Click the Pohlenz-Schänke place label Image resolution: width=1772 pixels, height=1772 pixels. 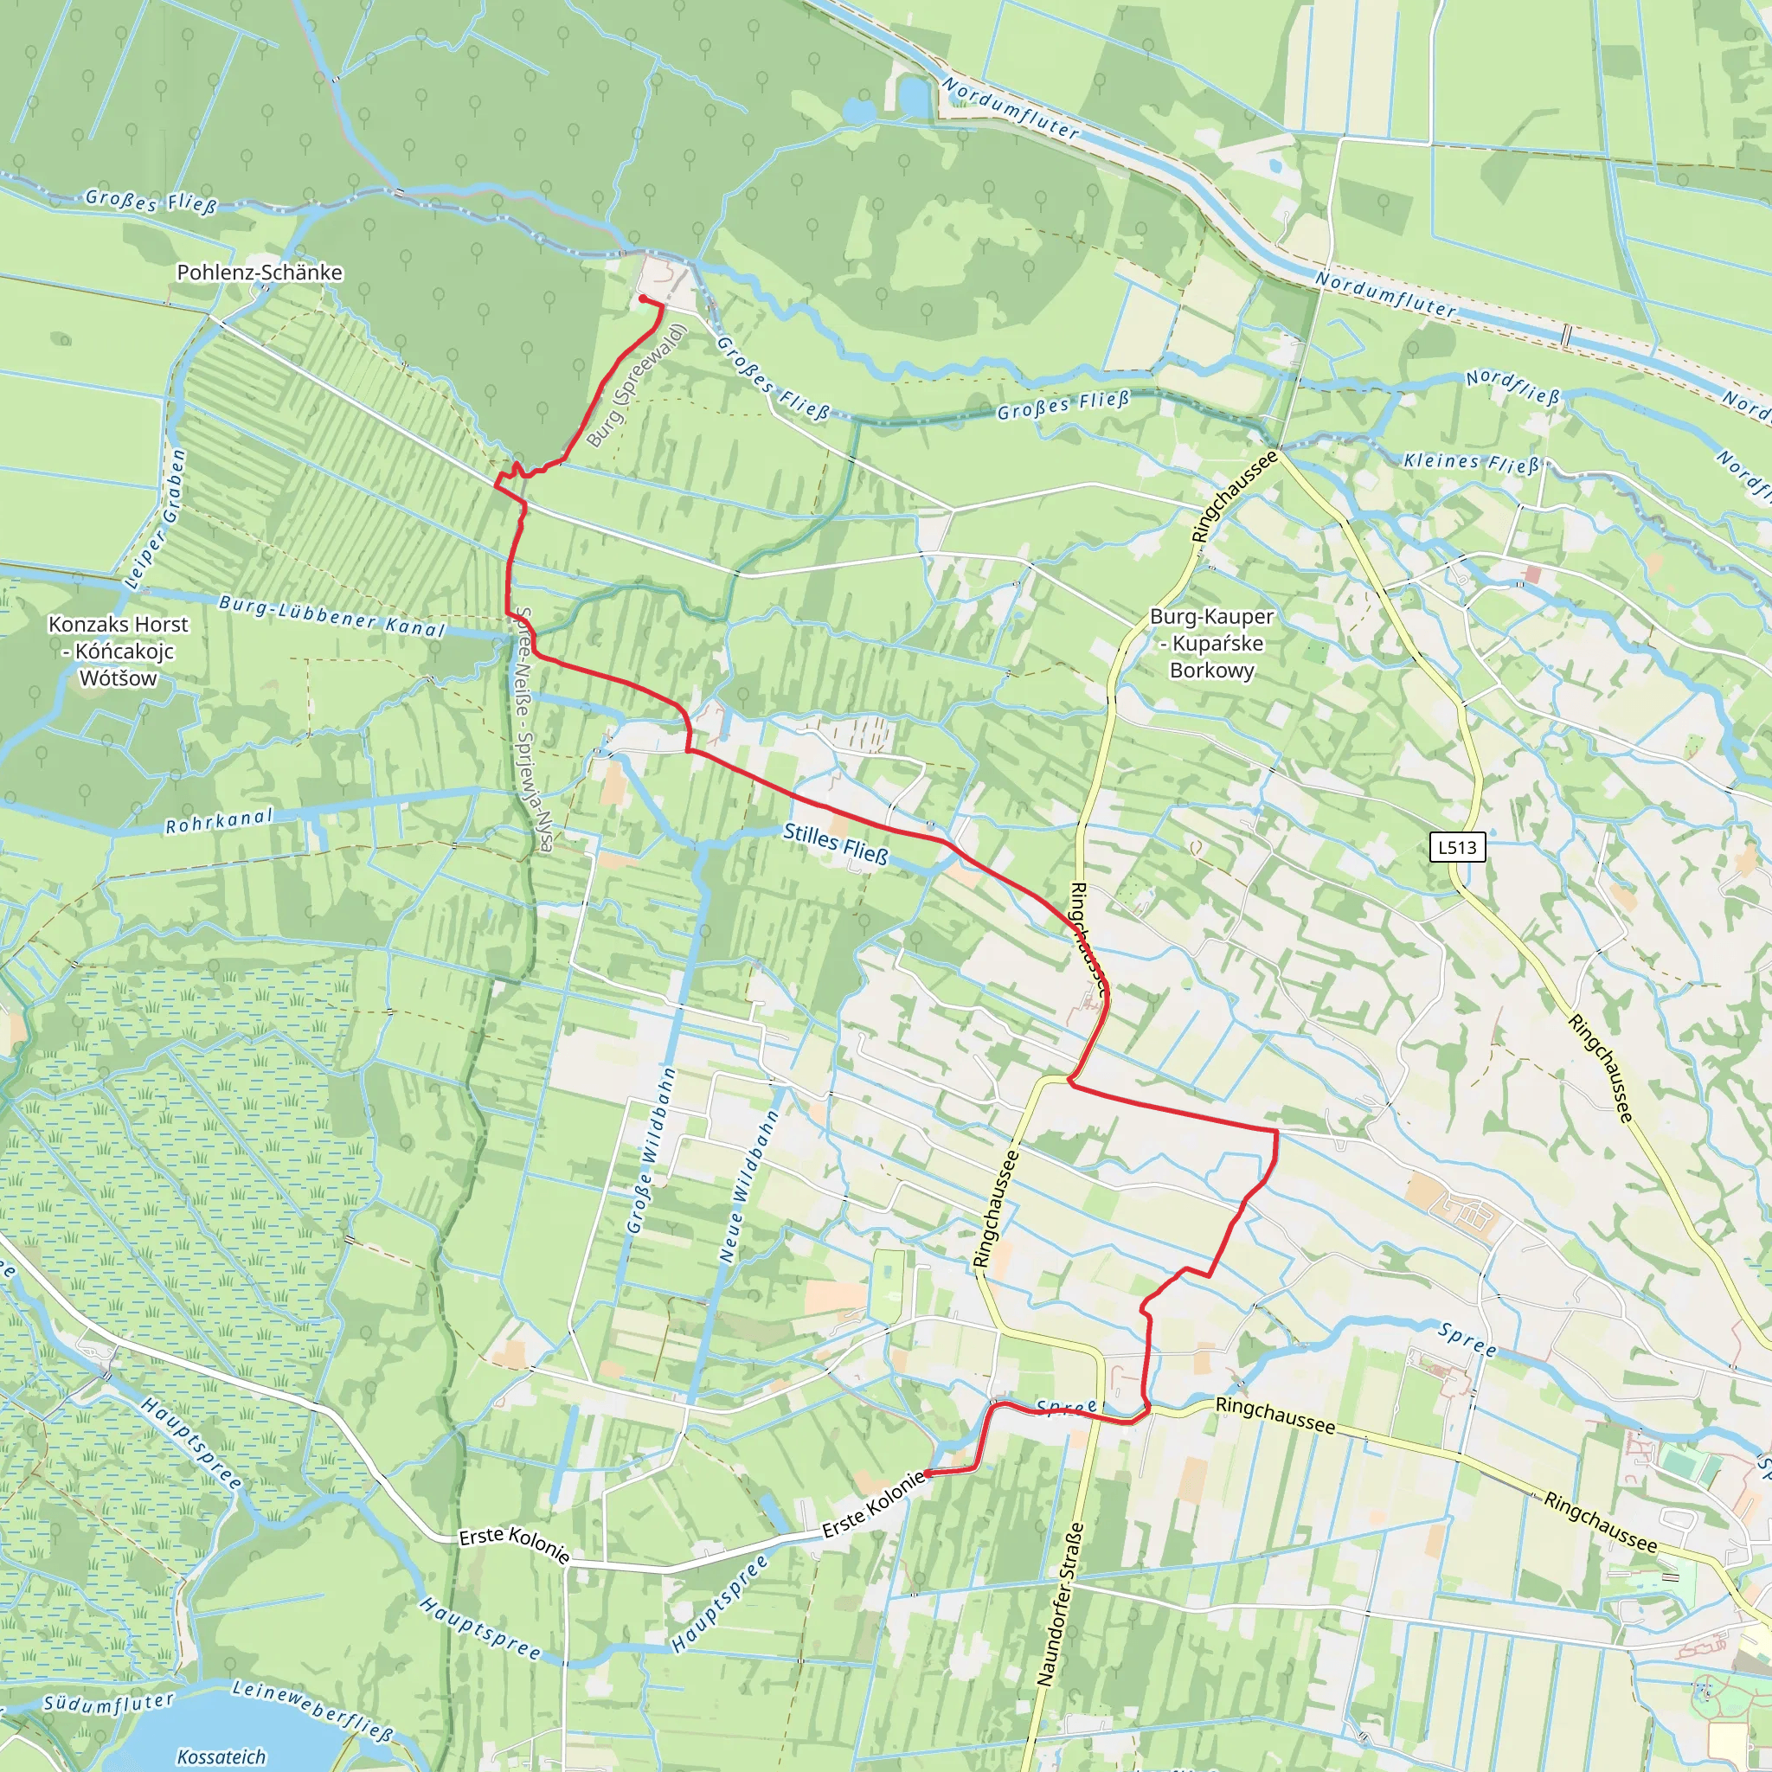coord(260,273)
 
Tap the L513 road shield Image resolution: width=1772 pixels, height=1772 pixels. coord(1456,846)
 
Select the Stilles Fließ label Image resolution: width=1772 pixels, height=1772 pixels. coord(836,844)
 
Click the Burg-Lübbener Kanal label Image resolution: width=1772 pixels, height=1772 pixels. coord(331,616)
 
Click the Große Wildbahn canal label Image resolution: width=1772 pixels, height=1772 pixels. coord(652,1150)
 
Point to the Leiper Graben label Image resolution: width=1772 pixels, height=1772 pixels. coord(156,518)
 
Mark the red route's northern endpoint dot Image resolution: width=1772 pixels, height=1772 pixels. coord(643,299)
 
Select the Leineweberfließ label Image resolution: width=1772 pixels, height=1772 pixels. coord(312,1710)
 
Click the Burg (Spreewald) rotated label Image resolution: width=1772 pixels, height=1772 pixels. coord(637,385)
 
